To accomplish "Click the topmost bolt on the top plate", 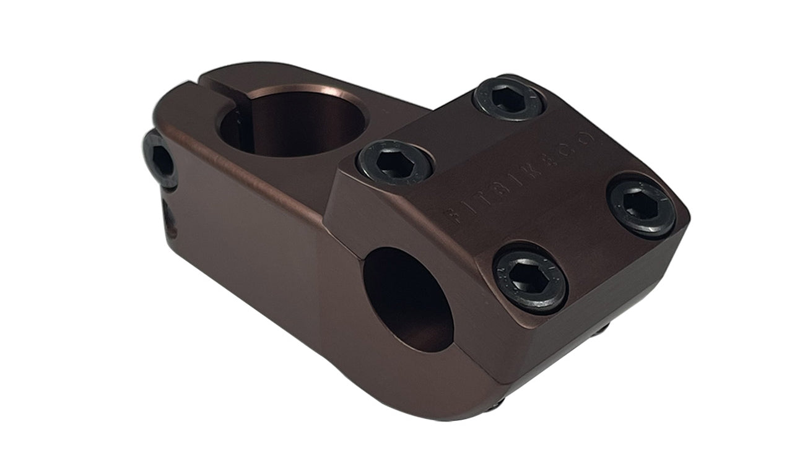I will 508,98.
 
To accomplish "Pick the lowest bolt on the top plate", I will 530,280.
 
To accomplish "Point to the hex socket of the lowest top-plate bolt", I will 530,280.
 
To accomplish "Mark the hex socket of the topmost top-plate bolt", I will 508,98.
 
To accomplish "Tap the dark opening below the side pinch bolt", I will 168,214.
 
